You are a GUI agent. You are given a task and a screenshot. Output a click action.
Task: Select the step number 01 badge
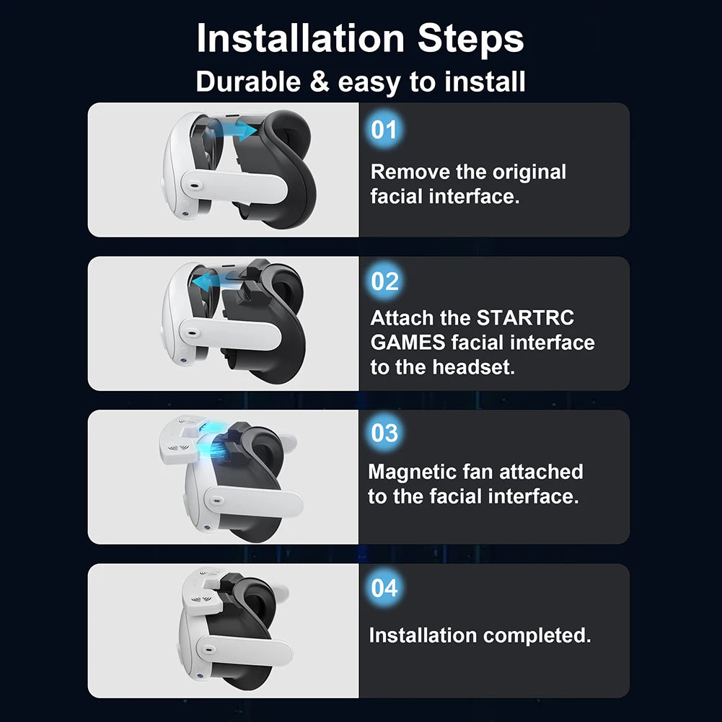point(384,130)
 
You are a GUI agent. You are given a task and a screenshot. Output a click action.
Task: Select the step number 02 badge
point(384,281)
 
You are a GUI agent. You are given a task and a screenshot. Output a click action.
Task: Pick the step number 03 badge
point(384,433)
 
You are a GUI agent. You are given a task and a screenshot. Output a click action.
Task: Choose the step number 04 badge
point(384,588)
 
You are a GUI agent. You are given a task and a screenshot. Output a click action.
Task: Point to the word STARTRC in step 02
point(525,318)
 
